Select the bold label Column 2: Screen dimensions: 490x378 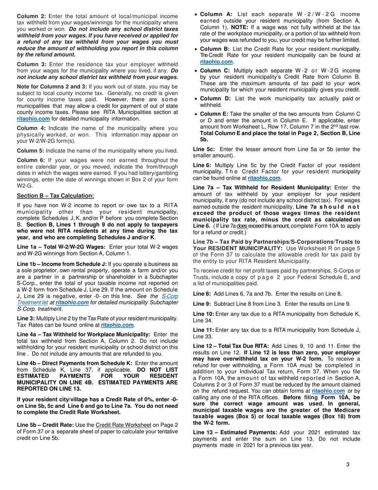tap(31, 16)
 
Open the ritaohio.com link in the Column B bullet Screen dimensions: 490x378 tap(216, 62)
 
